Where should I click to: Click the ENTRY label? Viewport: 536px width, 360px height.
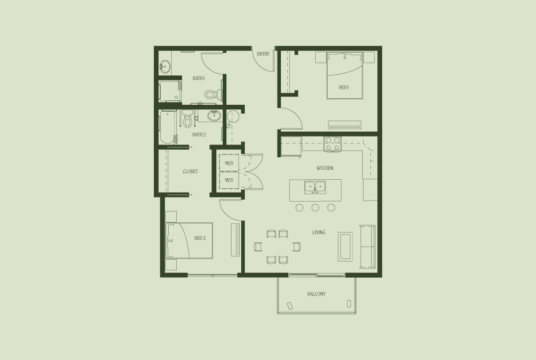[x=263, y=54]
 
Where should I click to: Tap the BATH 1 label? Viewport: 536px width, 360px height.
[x=199, y=78]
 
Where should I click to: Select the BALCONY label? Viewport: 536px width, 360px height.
[x=316, y=294]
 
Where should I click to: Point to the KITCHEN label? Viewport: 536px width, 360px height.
[x=325, y=168]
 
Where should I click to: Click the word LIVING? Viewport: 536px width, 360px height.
[x=319, y=232]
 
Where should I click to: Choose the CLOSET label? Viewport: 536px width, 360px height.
[x=190, y=172]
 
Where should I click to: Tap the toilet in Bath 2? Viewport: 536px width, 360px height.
[x=187, y=119]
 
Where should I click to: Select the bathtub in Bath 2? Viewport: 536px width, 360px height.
[x=168, y=127]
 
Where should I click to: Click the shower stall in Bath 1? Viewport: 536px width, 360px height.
[x=170, y=91]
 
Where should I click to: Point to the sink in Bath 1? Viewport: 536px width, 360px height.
[x=165, y=66]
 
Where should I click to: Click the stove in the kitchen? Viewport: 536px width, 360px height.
[x=333, y=144]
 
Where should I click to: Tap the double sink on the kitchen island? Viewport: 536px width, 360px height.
[x=315, y=187]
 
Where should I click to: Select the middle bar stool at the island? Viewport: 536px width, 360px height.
[x=315, y=208]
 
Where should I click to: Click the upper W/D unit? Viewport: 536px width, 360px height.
[x=229, y=163]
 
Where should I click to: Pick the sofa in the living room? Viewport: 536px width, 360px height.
[x=367, y=246]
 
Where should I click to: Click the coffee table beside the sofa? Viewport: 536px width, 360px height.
[x=345, y=246]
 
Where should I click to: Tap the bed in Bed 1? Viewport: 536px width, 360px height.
[x=344, y=75]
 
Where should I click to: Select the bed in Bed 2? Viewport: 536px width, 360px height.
[x=190, y=241]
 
